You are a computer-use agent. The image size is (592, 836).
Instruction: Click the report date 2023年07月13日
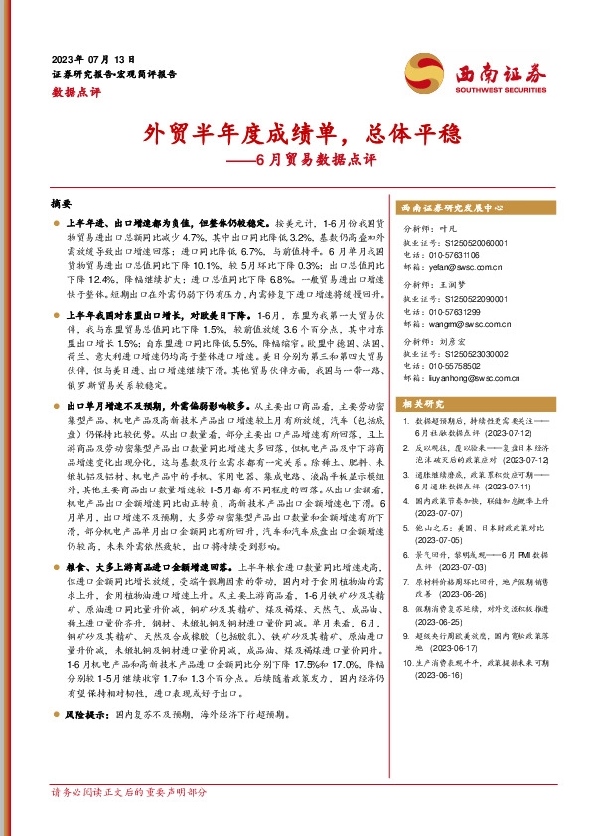pos(92,59)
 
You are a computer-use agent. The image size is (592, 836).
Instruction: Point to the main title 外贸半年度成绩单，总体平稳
pos(295,132)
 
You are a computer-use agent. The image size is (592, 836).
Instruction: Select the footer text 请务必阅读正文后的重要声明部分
pos(129,793)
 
